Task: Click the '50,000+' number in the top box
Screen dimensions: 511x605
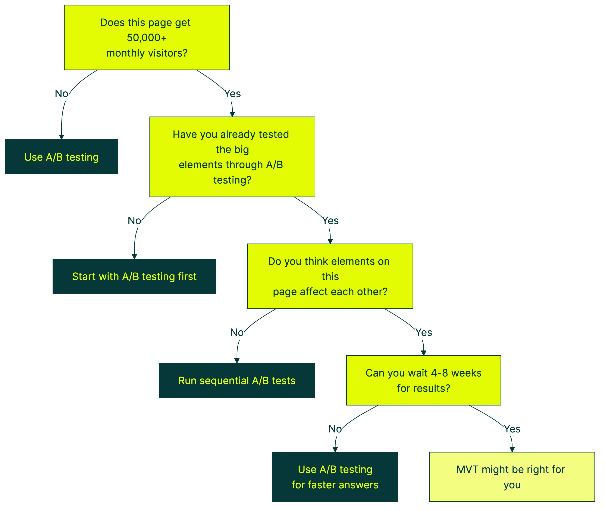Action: pos(147,38)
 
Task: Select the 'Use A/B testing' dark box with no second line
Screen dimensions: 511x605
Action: pos(62,157)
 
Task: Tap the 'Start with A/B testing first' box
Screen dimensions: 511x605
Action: pos(134,276)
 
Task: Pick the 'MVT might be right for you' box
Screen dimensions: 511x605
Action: pos(512,477)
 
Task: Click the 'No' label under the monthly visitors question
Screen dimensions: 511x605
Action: pos(62,93)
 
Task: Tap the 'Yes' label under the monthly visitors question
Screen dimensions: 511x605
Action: pos(232,93)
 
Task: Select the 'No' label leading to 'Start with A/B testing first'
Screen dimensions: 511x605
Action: pos(134,221)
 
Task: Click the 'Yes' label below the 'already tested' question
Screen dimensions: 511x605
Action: pos(330,221)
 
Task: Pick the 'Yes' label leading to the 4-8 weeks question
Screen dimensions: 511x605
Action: pos(424,333)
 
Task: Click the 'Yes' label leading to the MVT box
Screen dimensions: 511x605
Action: pos(512,429)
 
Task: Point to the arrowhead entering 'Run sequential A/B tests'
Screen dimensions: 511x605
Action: pos(237,361)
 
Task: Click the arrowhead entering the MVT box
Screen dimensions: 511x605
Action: pos(512,450)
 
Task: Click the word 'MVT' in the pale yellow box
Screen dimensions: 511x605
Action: pos(467,470)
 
